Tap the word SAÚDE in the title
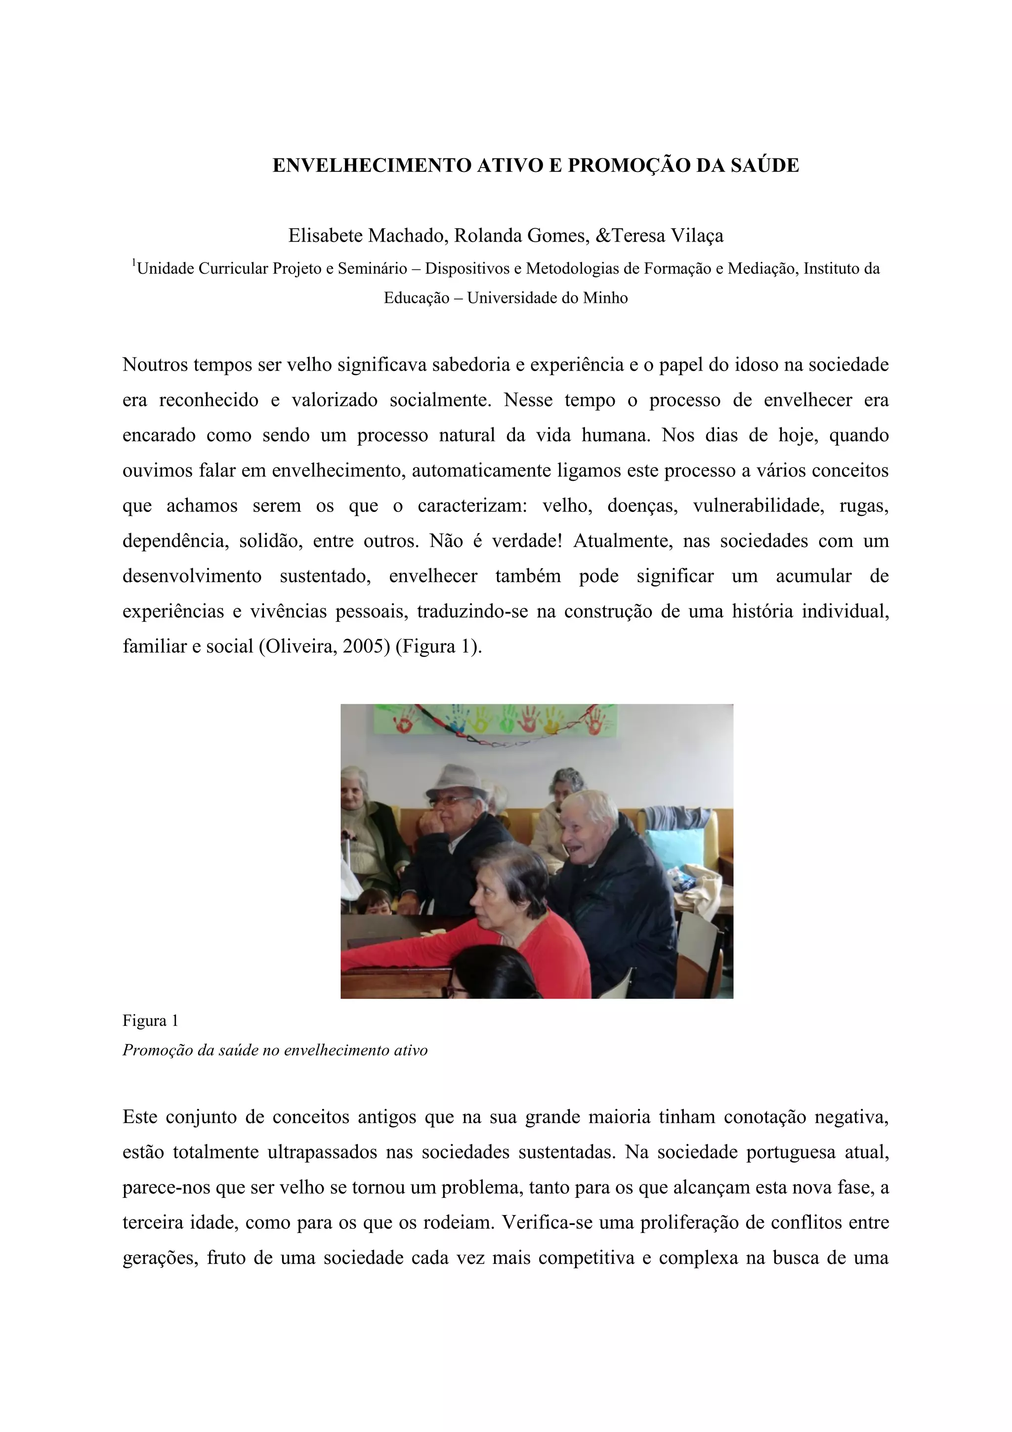pos(767,166)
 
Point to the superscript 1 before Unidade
pos(133,264)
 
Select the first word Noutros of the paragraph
pos(155,365)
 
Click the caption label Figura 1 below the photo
pos(150,1021)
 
